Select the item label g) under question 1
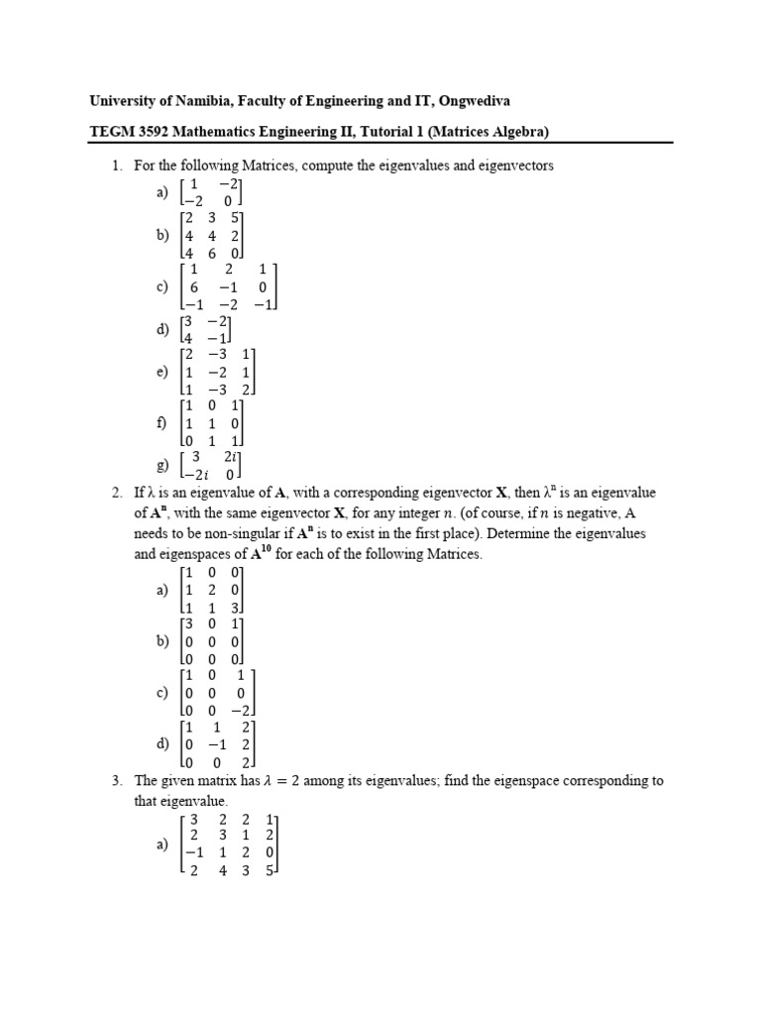162,466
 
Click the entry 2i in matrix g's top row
232,457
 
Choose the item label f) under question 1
162,422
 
